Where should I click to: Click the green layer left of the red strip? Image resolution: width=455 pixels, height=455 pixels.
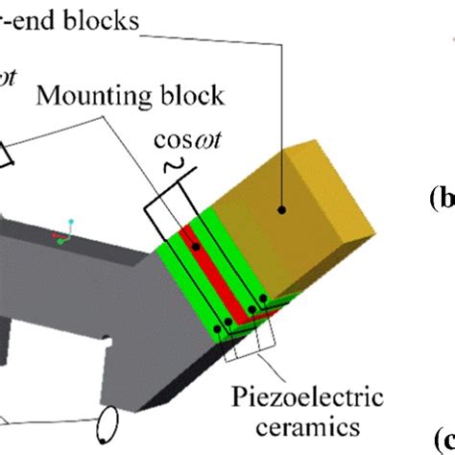pos(177,278)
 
